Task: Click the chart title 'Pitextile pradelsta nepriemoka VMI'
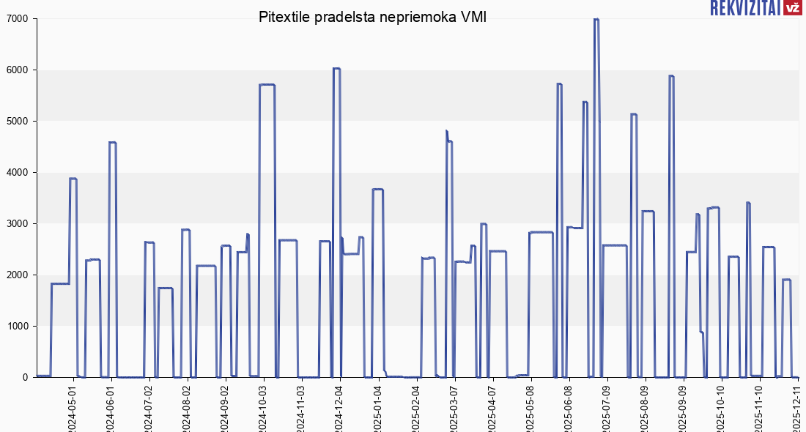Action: coord(372,17)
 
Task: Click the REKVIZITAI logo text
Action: coord(744,8)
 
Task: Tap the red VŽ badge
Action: coord(791,8)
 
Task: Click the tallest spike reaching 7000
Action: coord(596,20)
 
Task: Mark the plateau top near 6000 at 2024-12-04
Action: coord(336,69)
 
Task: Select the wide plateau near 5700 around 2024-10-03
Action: coord(267,85)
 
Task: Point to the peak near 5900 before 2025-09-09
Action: coord(671,76)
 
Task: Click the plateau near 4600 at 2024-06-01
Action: coord(112,143)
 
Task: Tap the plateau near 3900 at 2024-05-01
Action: coord(73,179)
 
